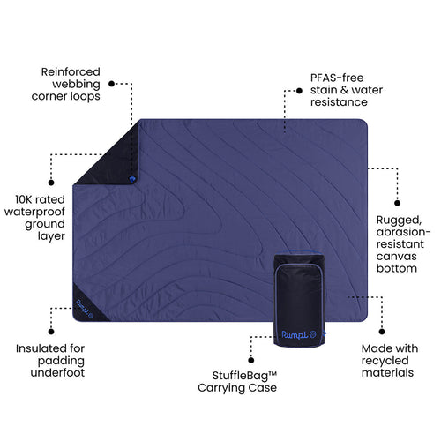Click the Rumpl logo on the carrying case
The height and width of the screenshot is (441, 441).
pyautogui.click(x=298, y=335)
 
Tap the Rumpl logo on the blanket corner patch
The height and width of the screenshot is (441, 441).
pyautogui.click(x=85, y=309)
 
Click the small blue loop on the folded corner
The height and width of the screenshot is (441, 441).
pyautogui.click(x=132, y=179)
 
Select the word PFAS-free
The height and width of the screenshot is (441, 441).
pyautogui.click(x=337, y=78)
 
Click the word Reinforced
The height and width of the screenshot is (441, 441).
pyautogui.click(x=71, y=71)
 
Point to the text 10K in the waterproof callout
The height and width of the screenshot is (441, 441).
pyautogui.click(x=23, y=199)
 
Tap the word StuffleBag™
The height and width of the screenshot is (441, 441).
pyautogui.click(x=244, y=376)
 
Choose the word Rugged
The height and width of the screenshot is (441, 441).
pyautogui.click(x=399, y=220)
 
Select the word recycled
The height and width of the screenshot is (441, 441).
pyautogui.click(x=385, y=361)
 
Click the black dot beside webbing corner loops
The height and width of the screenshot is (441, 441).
pyautogui.click(x=111, y=84)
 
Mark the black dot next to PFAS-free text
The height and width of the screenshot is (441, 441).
pyautogui.click(x=299, y=91)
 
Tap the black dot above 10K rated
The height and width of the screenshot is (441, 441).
pyautogui.click(x=51, y=183)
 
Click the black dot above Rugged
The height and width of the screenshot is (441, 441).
pyautogui.click(x=397, y=203)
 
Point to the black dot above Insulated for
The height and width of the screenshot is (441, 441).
pyautogui.click(x=51, y=332)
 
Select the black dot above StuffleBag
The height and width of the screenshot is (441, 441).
pyautogui.click(x=251, y=360)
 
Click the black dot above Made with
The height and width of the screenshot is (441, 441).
pyautogui.click(x=382, y=332)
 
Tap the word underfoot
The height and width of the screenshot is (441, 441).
pyautogui.click(x=57, y=372)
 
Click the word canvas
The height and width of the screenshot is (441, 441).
pyautogui.click(x=396, y=257)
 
